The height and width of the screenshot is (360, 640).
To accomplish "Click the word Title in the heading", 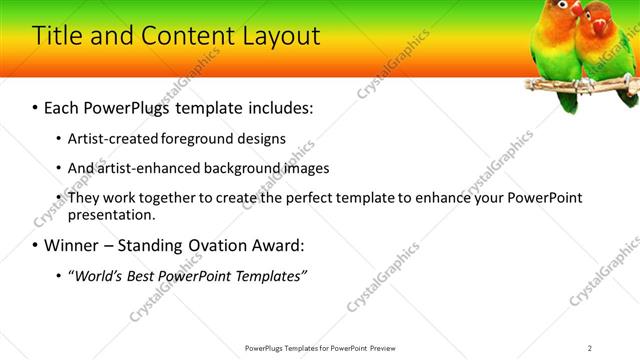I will point(58,36).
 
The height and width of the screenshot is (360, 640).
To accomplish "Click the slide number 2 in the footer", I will point(589,347).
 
